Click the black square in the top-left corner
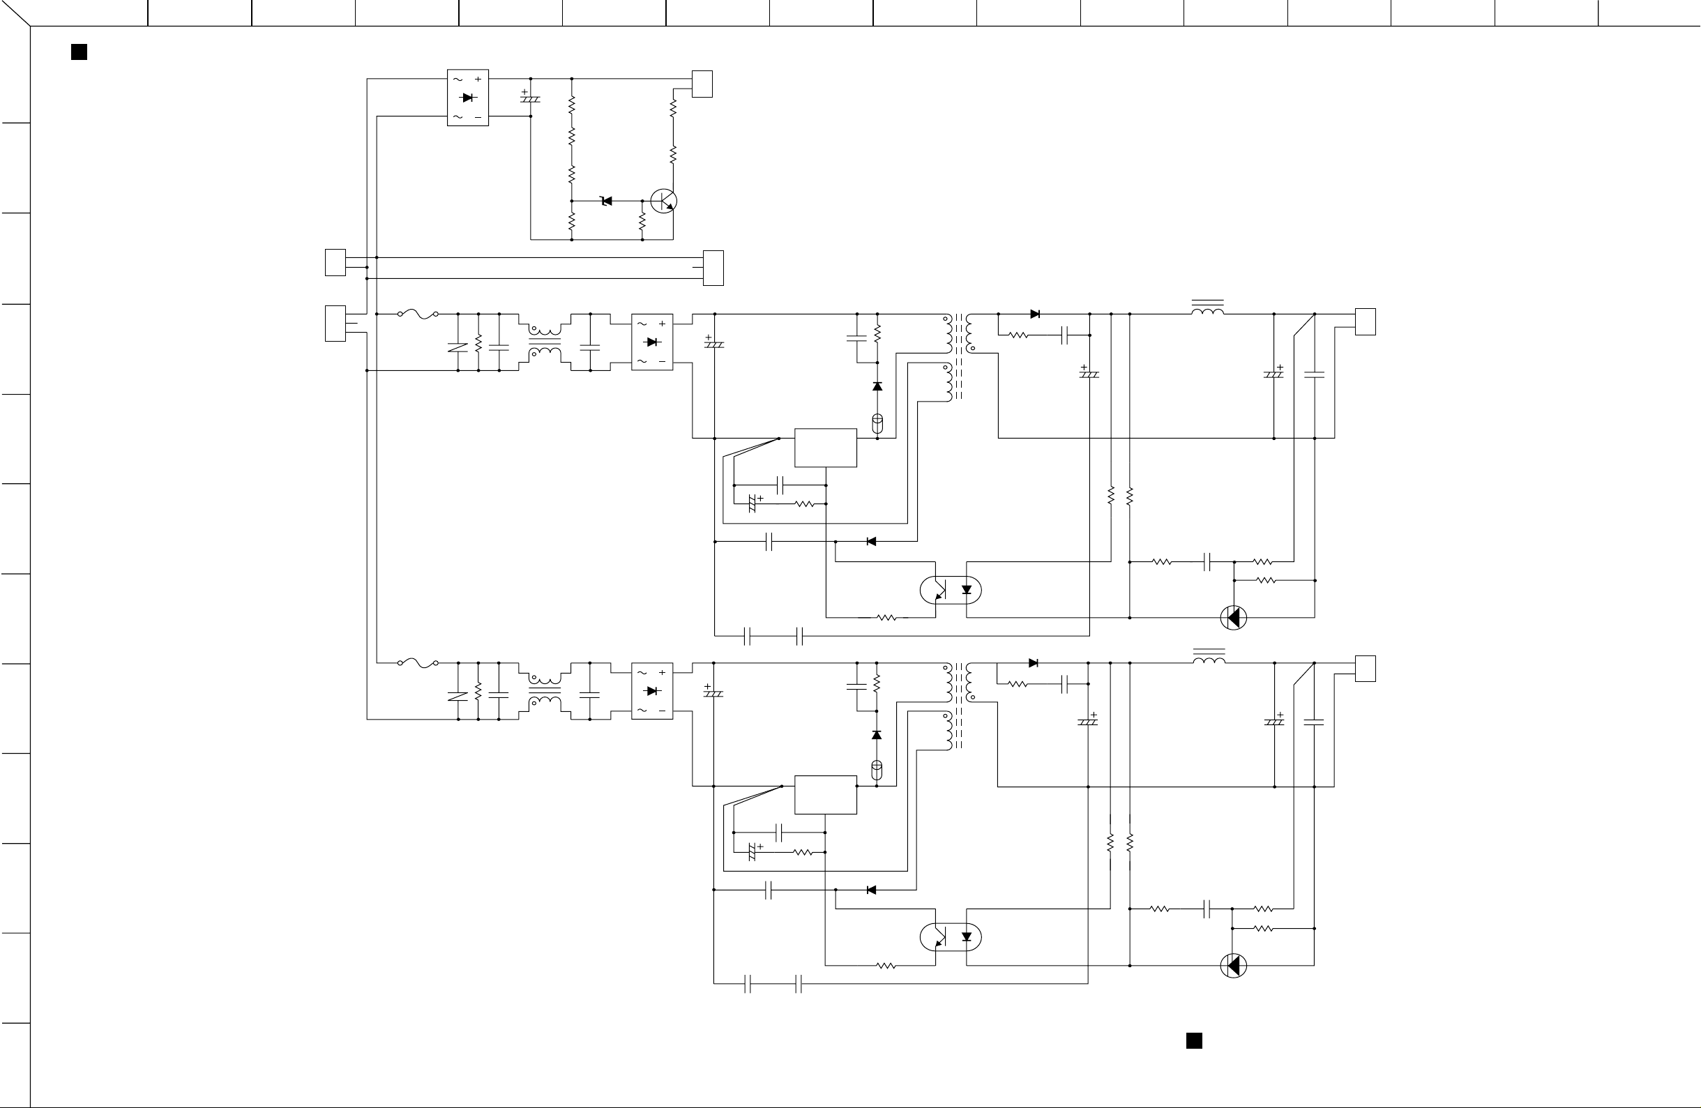click(x=80, y=52)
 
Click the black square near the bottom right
click(x=1194, y=1041)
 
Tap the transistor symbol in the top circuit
click(x=664, y=202)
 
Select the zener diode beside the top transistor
click(x=607, y=202)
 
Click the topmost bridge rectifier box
click(x=468, y=98)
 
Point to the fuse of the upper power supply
click(x=418, y=314)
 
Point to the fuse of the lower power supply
click(x=418, y=663)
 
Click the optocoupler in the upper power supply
click(x=951, y=590)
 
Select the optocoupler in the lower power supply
click(x=951, y=937)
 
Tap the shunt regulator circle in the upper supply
click(x=1234, y=618)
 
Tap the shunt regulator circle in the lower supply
click(x=1234, y=966)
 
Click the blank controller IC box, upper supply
click(x=826, y=448)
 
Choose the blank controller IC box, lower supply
click(x=826, y=794)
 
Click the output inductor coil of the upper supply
click(x=1208, y=310)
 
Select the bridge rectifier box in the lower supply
click(x=652, y=691)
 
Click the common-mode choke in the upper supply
click(x=545, y=342)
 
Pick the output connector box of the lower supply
click(x=1365, y=669)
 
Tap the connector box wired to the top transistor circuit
click(x=702, y=84)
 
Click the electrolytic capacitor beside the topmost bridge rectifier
click(x=529, y=98)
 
